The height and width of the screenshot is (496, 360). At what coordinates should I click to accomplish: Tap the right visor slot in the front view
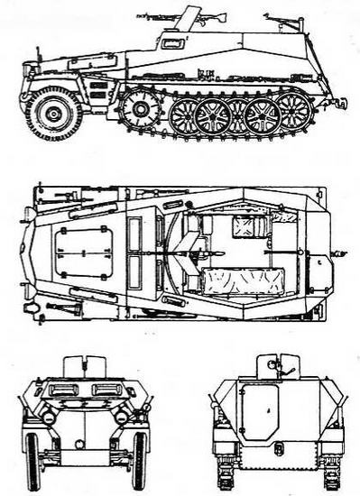pyautogui.click(x=111, y=390)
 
